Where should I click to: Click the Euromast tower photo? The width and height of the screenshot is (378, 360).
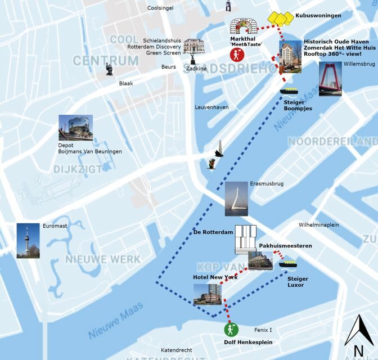[x=28, y=241]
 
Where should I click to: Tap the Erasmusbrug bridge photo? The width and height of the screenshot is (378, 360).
[x=236, y=199]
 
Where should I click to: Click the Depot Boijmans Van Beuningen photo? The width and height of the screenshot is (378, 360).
[x=75, y=128]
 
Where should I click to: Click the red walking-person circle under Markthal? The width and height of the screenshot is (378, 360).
[x=237, y=55]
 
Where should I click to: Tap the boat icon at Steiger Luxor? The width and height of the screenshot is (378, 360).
[x=287, y=264]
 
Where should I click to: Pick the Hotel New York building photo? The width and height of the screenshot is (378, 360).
[x=207, y=294]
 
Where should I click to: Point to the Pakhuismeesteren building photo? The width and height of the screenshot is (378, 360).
[x=261, y=259]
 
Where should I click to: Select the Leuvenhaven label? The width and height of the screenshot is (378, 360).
[x=211, y=107]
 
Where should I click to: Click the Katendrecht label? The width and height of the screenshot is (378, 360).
[x=176, y=350]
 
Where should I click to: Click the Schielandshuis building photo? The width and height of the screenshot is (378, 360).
[x=193, y=46]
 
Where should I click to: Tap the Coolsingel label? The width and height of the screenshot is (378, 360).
[x=160, y=8]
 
